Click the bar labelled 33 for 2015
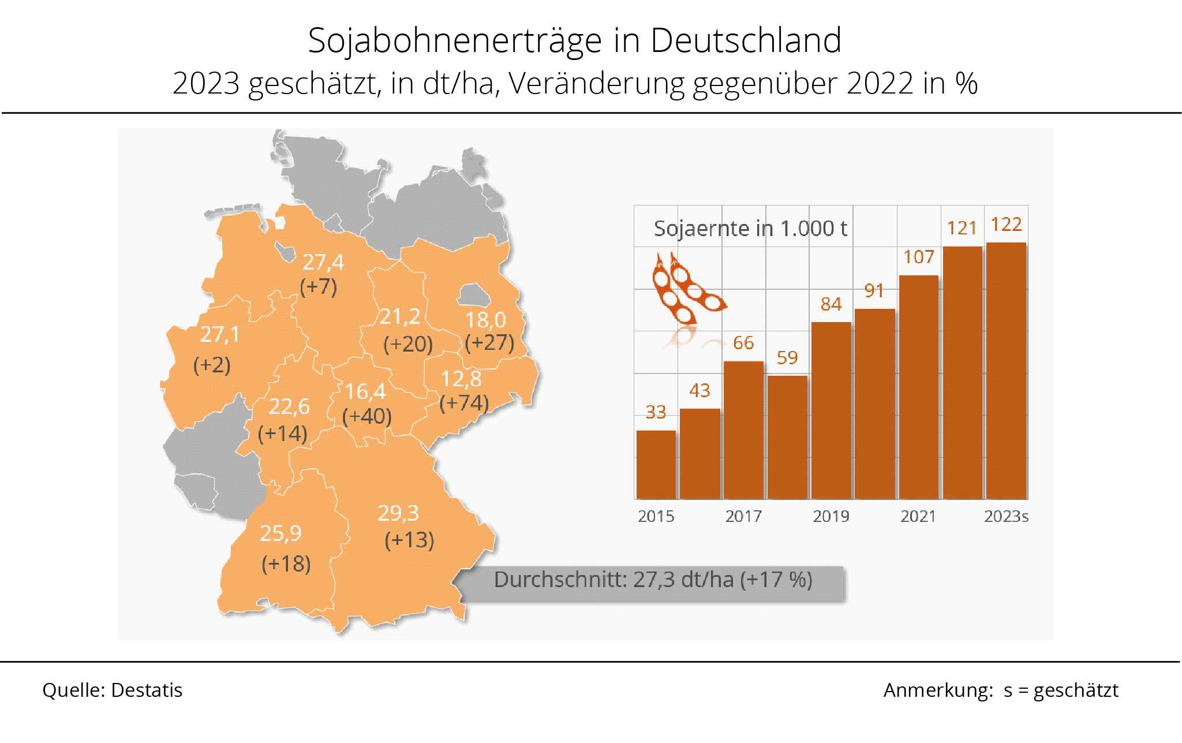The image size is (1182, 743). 656,464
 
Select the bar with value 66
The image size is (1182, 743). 743,430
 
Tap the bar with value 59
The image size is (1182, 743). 787,437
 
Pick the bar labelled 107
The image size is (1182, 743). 919,387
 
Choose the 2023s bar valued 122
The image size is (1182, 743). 1006,370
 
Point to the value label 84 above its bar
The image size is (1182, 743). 831,304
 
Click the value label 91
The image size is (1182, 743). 874,291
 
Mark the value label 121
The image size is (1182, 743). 962,228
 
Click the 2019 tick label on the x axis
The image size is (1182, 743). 831,516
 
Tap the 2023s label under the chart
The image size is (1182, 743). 1006,516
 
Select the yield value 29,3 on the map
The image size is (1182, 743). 398,513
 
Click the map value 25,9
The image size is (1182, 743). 280,533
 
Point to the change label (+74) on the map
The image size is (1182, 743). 464,402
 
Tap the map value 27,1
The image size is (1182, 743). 220,334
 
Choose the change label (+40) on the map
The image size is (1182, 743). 367,416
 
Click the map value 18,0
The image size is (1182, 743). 486,320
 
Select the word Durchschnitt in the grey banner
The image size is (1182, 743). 560,579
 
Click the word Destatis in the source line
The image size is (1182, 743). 147,690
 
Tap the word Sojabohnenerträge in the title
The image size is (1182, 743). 455,40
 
